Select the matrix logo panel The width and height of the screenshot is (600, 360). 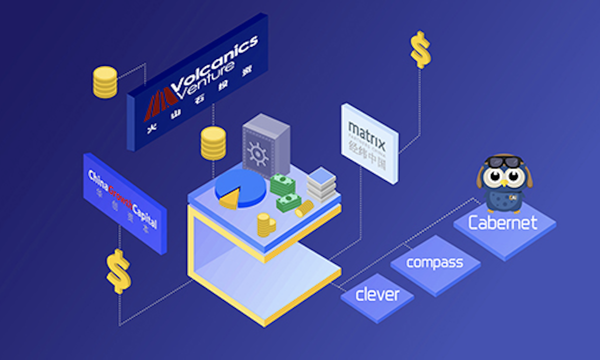pos(369,143)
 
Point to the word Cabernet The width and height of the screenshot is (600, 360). pos(502,223)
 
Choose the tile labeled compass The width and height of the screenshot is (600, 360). pos(434,262)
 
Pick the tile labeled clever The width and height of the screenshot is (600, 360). pos(377,294)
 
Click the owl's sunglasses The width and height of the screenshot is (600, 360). pos(502,162)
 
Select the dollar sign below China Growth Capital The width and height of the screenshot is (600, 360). pos(118,270)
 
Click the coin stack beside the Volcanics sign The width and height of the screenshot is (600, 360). pos(105,82)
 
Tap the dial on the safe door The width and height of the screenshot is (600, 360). pos(258,150)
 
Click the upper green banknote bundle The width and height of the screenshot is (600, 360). pos(282,184)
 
